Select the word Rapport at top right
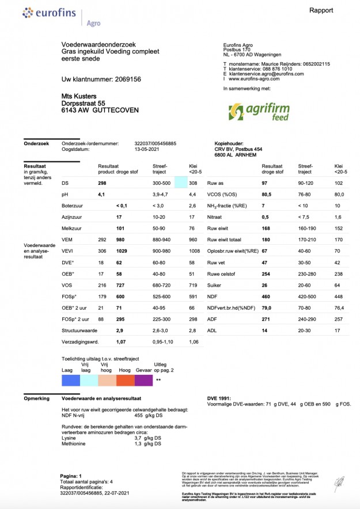pyautogui.click(x=321, y=10)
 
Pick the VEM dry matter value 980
pyautogui.click(x=122, y=240)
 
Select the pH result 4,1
pyautogui.click(x=101, y=195)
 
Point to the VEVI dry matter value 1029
pyautogui.click(x=123, y=251)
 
